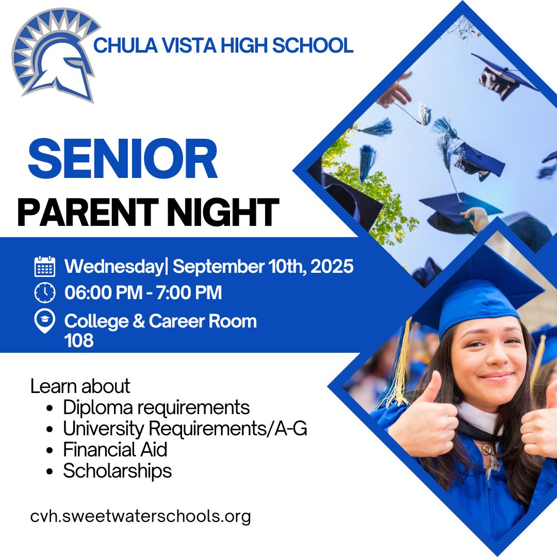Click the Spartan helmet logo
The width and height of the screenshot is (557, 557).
click(55, 55)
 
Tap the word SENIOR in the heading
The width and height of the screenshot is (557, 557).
click(123, 158)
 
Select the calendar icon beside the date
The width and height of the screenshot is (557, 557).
click(45, 266)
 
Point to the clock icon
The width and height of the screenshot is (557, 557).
click(45, 292)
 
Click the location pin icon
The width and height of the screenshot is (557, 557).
click(45, 321)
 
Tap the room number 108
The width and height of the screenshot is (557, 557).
click(79, 340)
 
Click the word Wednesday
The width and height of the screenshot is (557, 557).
click(113, 267)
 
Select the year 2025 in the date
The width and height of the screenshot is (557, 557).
click(332, 266)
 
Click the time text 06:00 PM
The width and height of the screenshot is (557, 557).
click(103, 293)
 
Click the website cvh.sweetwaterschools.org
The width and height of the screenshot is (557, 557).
click(140, 516)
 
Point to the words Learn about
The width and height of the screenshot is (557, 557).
click(80, 386)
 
